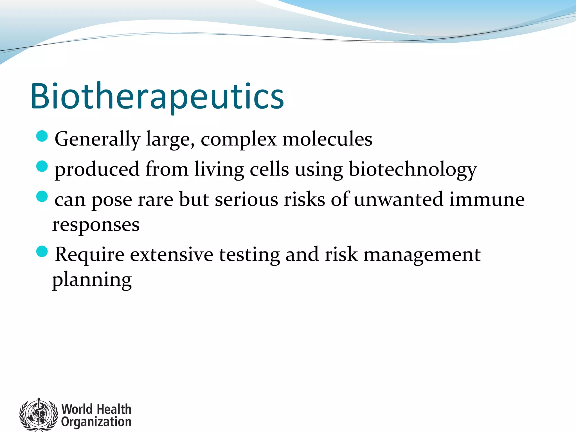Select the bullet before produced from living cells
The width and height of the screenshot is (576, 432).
42,166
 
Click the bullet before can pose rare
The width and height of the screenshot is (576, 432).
42,196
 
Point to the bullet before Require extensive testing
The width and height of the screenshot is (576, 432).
42,251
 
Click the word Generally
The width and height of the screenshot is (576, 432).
97,139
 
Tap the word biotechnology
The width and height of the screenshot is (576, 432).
413,170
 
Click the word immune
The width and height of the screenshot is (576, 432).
487,199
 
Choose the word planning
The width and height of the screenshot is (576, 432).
92,280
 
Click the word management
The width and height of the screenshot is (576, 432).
422,255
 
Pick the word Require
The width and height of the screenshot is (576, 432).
89,255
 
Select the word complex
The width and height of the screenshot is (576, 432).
238,139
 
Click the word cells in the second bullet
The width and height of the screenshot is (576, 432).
269,169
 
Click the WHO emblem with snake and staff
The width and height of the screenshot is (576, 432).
39,415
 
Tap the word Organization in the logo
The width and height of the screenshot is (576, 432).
96,422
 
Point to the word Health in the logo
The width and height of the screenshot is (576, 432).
114,409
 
